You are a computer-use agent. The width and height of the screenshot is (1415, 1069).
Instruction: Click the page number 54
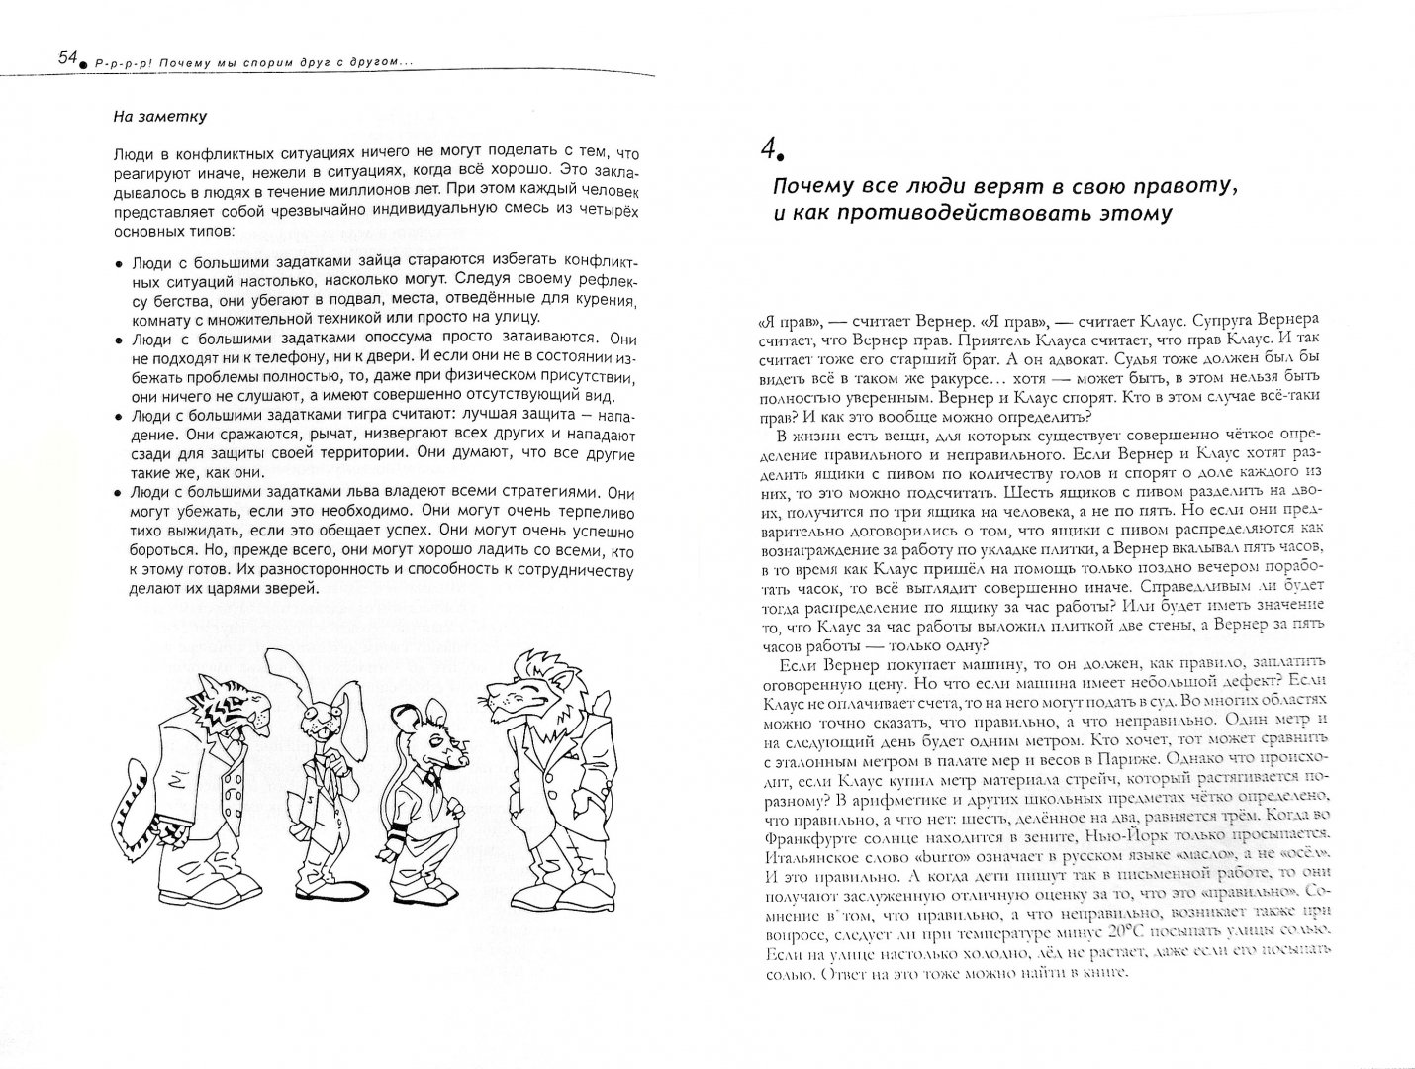point(67,60)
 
